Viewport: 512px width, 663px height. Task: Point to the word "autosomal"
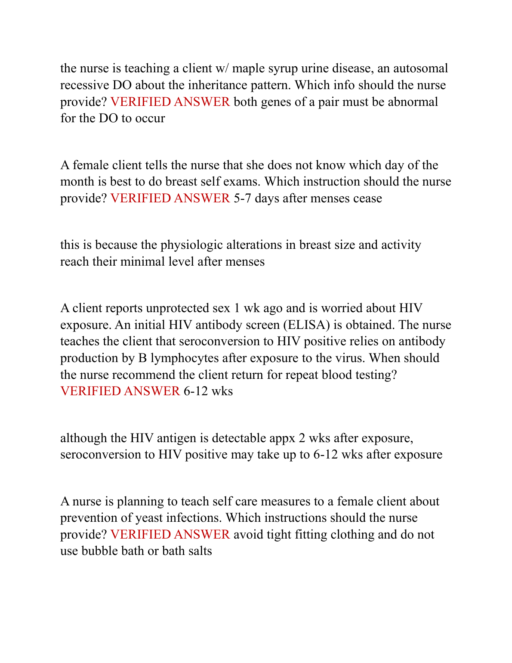(x=420, y=68)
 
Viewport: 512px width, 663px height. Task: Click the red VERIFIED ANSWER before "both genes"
(x=170, y=102)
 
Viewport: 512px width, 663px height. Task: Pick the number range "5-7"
(x=242, y=198)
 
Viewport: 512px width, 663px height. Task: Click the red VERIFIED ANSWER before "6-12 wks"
(x=120, y=391)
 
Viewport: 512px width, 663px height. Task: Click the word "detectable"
(x=239, y=438)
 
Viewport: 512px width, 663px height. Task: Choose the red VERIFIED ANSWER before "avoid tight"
(x=170, y=535)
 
